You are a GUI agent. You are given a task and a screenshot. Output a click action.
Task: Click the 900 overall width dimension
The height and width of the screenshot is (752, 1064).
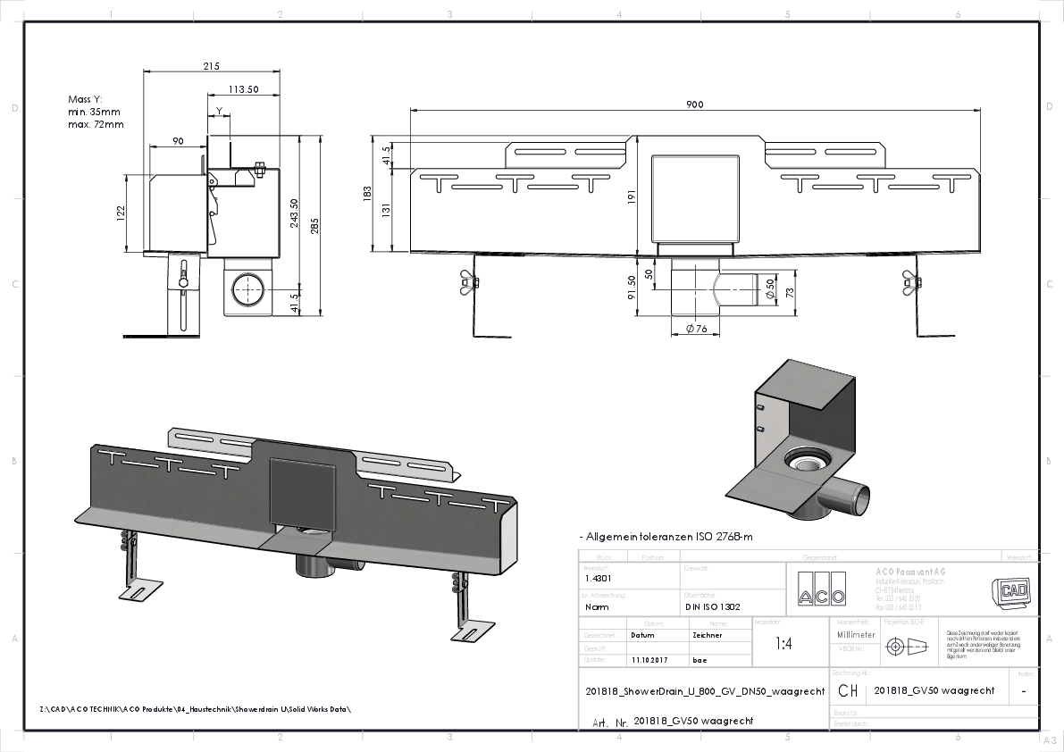694,104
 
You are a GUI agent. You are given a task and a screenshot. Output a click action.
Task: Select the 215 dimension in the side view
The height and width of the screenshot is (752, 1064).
212,66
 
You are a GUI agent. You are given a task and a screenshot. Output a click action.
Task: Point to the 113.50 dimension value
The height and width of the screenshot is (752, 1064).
243,89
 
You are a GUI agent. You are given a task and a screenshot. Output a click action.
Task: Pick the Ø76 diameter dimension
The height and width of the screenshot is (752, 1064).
697,330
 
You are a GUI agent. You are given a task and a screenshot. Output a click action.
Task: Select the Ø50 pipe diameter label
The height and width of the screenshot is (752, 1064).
769,289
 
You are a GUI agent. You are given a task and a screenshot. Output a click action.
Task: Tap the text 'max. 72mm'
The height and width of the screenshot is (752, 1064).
96,124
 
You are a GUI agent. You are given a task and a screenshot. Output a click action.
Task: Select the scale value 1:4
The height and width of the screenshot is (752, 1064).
783,643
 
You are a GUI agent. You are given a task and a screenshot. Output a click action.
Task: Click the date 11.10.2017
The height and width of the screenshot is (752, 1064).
649,661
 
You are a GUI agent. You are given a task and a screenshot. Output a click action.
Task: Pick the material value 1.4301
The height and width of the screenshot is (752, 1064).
598,577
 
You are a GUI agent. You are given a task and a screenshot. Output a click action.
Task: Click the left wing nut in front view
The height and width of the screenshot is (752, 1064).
468,282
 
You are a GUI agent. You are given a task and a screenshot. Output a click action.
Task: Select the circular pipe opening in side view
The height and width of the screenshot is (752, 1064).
247,290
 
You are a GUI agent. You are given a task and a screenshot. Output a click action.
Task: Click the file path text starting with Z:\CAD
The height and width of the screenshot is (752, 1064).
196,709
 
